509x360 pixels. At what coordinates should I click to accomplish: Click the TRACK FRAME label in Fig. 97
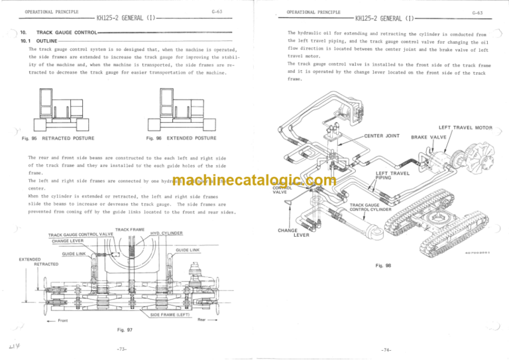pyautogui.click(x=129, y=230)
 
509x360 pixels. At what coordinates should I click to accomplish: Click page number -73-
pyautogui.click(x=128, y=349)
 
